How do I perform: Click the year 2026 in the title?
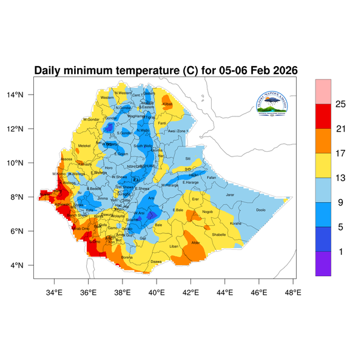pos(282,70)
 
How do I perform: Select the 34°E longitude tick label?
pos(55,292)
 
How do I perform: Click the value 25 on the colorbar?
pos(340,104)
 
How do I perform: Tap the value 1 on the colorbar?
pos(340,251)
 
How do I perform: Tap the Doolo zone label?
pos(261,210)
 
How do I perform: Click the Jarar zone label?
pos(230,195)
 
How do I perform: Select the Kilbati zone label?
pos(168,104)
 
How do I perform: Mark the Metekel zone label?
pos(84,146)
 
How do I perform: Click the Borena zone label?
pos(127,257)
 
